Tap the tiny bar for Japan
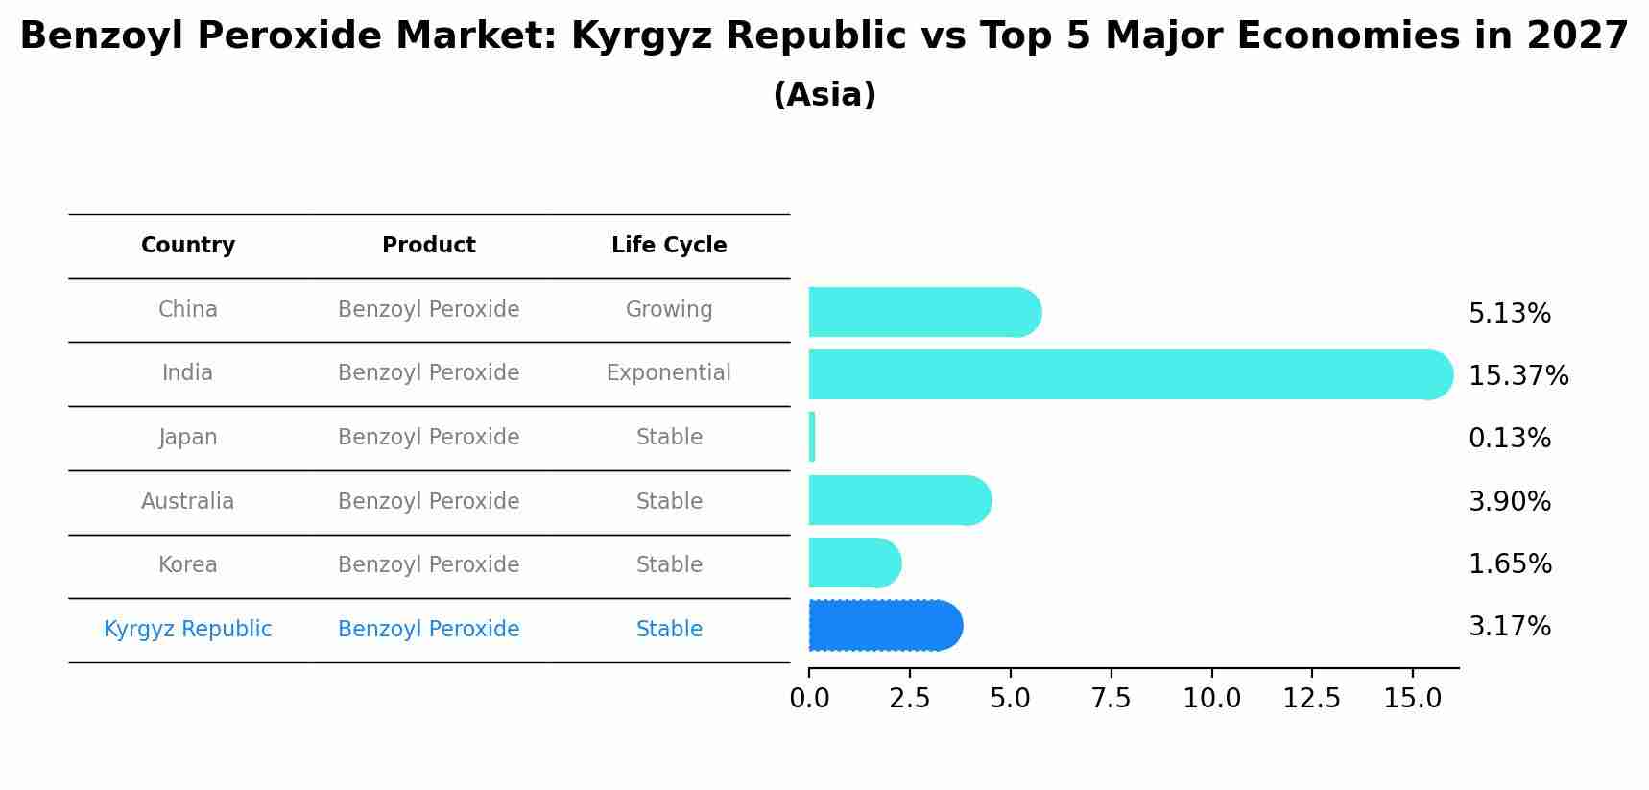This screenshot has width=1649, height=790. pos(812,437)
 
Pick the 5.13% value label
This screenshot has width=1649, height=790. pos(1509,314)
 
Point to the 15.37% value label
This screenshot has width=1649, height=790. pos(1518,376)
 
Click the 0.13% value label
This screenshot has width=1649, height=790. pos(1509,439)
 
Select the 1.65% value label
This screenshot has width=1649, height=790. pos(1509,564)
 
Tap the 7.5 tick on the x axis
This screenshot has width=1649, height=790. pos(1111,699)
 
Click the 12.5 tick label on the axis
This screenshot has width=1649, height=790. pos(1311,699)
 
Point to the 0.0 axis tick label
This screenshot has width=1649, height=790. pos(809,699)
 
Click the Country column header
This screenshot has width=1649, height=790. pos(188,246)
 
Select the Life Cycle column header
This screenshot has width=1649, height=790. pos(669,246)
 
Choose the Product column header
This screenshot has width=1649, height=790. pos(428,246)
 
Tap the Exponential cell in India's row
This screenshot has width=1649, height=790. pos(668,373)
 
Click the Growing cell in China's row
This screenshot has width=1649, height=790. pos(668,310)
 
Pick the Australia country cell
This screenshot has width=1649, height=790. pos(187,502)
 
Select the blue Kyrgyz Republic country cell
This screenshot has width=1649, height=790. pos(187,630)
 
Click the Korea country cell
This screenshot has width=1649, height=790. pos(187,565)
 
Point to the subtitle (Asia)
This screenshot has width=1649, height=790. pos(824,95)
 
